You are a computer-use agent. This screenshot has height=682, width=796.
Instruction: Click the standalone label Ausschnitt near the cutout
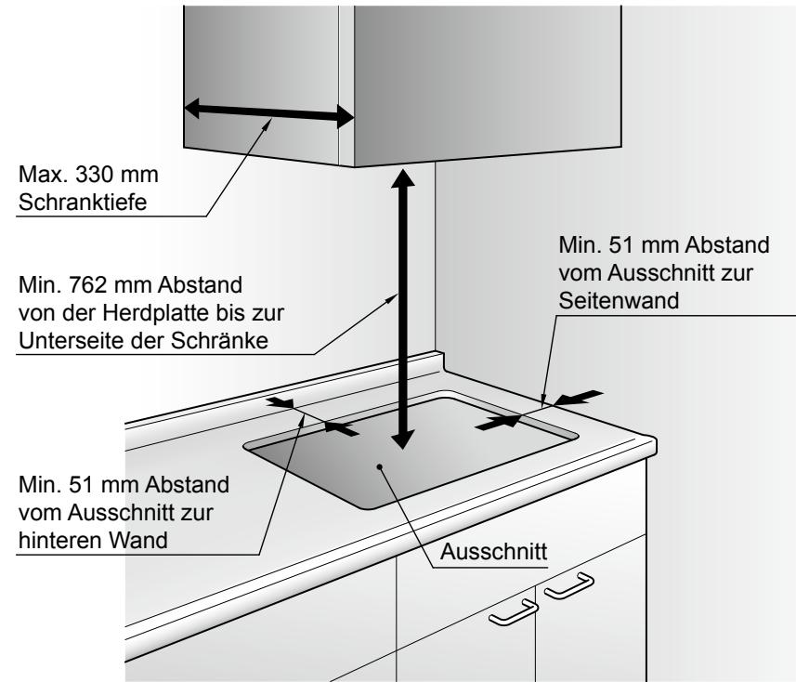(494, 551)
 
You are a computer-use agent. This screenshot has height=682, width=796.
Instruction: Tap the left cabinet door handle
(512, 611)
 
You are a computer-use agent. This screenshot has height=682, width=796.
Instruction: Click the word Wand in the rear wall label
(139, 540)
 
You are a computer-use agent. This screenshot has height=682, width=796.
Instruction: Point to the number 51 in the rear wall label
(89, 487)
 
